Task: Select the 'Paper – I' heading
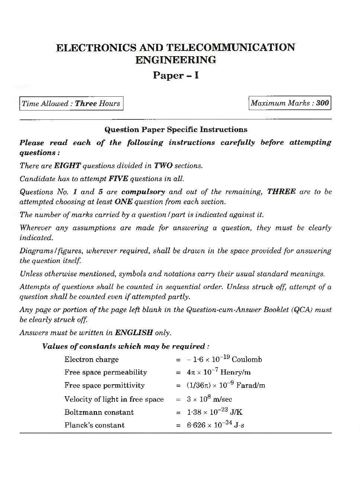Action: tap(176, 76)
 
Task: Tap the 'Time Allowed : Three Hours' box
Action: tap(71, 103)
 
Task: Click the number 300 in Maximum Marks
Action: tap(322, 103)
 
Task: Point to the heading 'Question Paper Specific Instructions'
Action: tap(176, 129)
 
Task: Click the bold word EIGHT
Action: tap(67, 166)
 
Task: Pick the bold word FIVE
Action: tap(118, 179)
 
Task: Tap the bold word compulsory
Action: tap(143, 192)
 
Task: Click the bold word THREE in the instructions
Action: tap(281, 192)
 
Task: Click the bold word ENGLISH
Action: tap(134, 333)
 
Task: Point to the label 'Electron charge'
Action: tap(91, 359)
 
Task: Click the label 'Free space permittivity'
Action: tap(105, 385)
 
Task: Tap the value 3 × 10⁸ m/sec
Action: tap(209, 399)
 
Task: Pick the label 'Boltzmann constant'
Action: tap(99, 412)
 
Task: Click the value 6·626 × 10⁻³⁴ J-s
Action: tap(215, 425)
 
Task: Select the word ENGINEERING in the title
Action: tap(176, 60)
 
